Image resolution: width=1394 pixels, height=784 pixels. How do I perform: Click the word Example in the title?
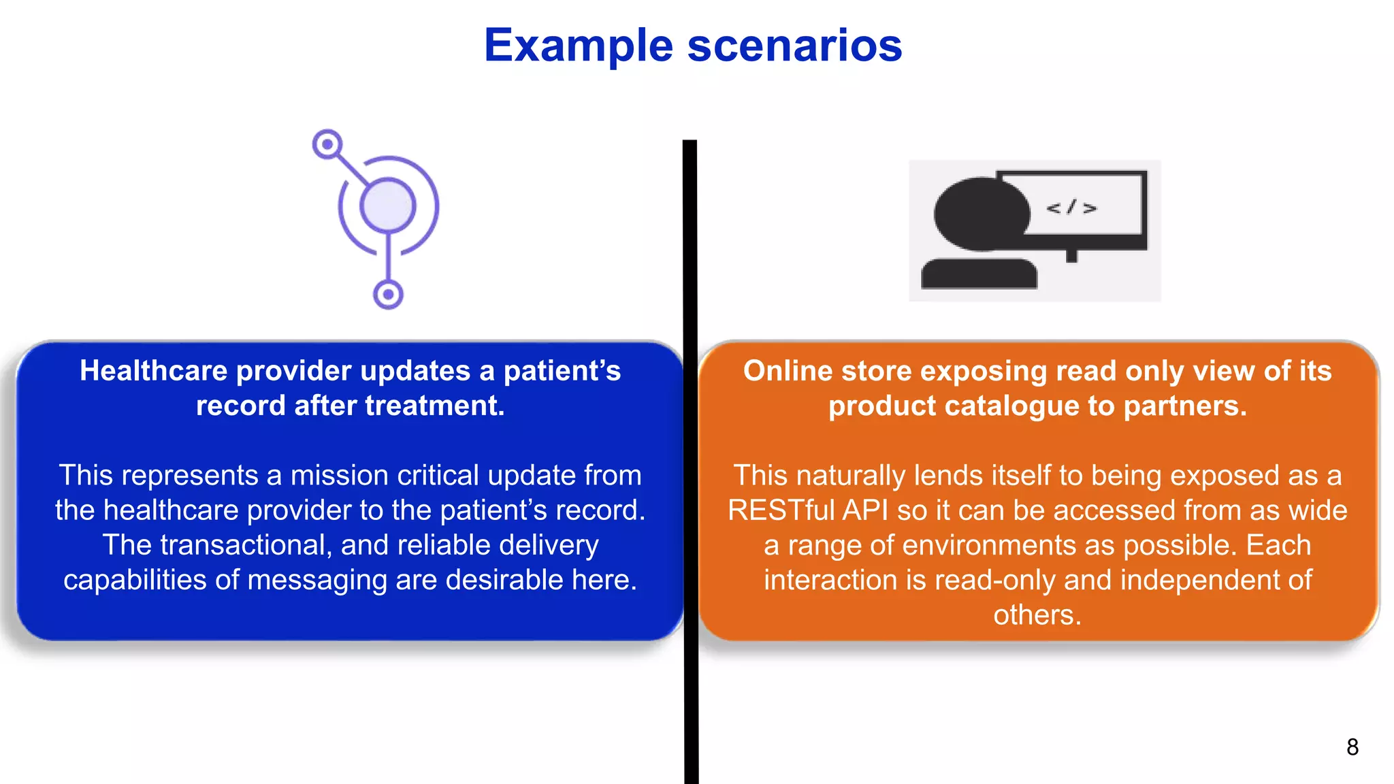(578, 46)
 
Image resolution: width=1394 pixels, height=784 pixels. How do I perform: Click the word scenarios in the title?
(794, 46)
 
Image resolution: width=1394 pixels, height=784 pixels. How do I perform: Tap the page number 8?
(1352, 747)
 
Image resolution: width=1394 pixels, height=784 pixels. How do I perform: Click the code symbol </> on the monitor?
(1071, 208)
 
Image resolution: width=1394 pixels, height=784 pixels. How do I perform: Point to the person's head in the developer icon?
(981, 214)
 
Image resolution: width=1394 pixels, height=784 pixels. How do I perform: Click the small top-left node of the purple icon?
(327, 144)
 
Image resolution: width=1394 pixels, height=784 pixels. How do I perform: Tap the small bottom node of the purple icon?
(388, 295)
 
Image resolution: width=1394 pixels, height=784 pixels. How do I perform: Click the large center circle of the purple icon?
(387, 206)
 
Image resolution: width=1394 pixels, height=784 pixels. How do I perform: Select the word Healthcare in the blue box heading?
(153, 372)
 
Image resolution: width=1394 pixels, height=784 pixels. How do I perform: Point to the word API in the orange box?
(865, 510)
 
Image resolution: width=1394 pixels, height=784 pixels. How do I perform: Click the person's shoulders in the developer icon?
(979, 274)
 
